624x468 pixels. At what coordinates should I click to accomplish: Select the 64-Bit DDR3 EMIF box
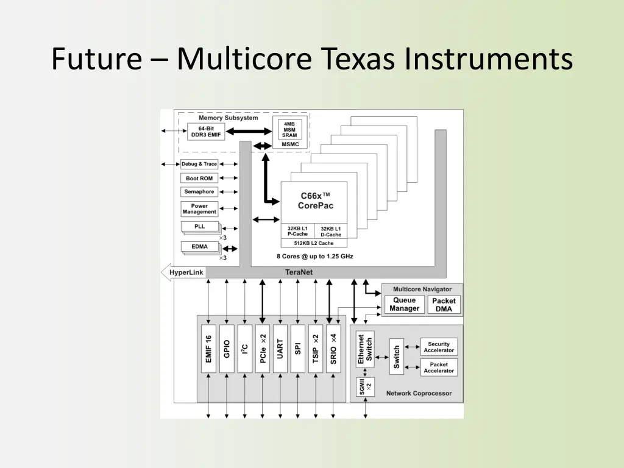[206, 132]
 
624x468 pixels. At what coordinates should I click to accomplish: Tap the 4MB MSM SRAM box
[289, 130]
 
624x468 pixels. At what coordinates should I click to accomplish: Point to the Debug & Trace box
[199, 164]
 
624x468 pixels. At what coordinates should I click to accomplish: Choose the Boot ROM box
[199, 178]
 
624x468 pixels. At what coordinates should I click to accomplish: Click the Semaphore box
[199, 192]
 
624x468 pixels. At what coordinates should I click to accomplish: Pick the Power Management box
[199, 209]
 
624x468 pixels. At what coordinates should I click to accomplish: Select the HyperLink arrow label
[185, 272]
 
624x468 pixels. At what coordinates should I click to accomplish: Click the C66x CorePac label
[315, 200]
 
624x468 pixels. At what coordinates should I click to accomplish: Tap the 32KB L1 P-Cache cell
[297, 232]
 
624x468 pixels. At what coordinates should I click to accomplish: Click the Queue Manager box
[404, 304]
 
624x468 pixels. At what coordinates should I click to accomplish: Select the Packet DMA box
[444, 305]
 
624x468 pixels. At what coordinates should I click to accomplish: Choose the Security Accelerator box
[439, 347]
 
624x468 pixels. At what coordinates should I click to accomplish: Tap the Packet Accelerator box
[439, 367]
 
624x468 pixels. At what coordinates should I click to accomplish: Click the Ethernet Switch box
[365, 349]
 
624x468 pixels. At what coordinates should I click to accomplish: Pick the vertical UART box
[280, 349]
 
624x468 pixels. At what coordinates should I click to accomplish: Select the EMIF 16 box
[208, 349]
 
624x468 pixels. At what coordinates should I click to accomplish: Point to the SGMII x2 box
[365, 387]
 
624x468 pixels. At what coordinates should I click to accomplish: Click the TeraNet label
[299, 272]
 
